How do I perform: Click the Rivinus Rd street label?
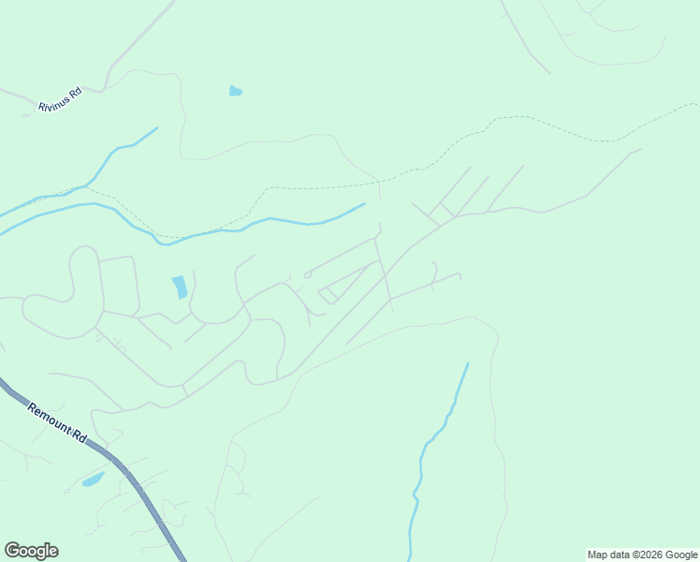[60, 100]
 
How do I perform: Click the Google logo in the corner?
[31, 551]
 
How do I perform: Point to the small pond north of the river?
[236, 91]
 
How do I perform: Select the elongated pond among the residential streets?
[179, 287]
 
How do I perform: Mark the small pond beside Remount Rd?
[93, 481]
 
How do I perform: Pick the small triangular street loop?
[328, 295]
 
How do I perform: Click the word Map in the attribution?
[597, 555]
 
